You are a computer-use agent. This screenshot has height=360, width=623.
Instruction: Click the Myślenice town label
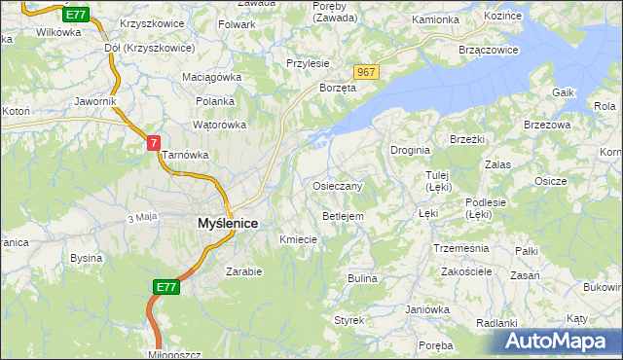[x=214, y=223]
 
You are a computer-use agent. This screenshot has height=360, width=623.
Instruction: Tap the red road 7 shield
[x=154, y=142]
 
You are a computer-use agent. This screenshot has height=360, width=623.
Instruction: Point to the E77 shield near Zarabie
[x=165, y=287]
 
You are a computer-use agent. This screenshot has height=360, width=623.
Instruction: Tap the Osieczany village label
[x=338, y=186]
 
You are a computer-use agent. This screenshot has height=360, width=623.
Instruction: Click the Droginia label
[x=410, y=151]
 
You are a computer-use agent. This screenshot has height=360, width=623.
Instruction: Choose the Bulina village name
[x=362, y=278]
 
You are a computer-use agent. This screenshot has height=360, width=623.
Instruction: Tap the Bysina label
[x=86, y=258]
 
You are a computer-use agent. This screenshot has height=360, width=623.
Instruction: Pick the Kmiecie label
[x=298, y=238]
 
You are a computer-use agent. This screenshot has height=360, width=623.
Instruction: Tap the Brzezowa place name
[x=546, y=125]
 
